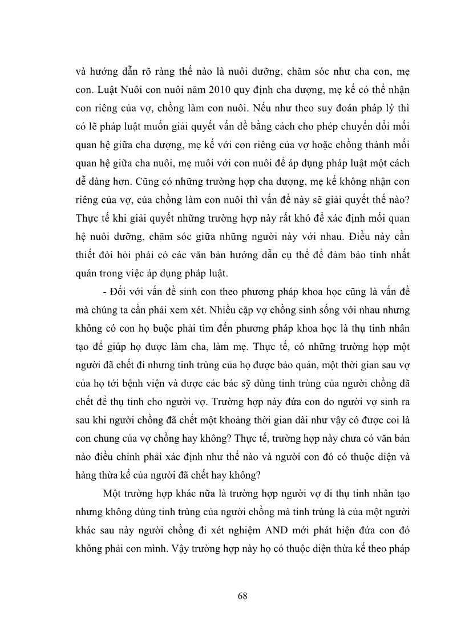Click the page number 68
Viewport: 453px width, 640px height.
[x=242, y=596]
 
